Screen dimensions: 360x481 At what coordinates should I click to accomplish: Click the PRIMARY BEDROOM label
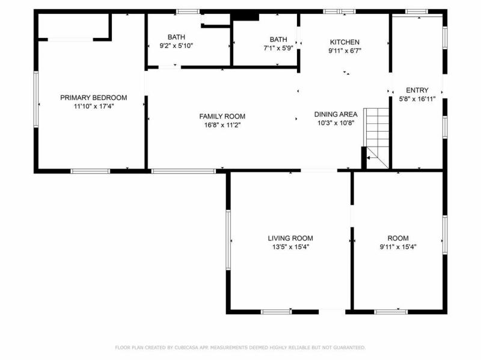point(94,97)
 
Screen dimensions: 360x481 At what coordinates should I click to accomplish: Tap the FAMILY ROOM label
point(222,116)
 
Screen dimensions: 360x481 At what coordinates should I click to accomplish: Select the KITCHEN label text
point(345,42)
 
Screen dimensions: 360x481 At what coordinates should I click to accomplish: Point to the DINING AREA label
point(336,114)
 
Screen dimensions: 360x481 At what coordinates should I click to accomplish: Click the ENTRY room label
point(417,90)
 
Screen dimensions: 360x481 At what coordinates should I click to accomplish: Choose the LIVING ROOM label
point(290,238)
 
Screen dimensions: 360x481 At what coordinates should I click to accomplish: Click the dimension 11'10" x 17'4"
point(94,106)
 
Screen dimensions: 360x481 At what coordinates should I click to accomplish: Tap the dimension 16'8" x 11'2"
point(222,125)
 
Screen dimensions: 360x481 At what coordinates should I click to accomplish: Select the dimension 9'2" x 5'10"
point(176,46)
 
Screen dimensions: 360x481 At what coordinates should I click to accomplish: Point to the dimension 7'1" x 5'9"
point(278,48)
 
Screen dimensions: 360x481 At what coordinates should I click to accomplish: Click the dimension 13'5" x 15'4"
point(290,247)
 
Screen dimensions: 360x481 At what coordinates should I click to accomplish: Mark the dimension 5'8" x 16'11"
point(417,99)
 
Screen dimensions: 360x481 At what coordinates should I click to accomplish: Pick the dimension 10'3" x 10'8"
point(336,123)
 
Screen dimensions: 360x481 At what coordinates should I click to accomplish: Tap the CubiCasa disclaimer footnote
point(240,347)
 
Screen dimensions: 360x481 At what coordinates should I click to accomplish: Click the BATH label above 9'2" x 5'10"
point(176,37)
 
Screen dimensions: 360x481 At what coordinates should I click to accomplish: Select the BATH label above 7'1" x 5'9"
point(278,39)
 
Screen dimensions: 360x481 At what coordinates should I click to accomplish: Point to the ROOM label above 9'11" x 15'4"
point(398,238)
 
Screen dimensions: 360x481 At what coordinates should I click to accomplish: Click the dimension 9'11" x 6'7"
point(345,51)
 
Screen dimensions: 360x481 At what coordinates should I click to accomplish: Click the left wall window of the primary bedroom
point(35,99)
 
